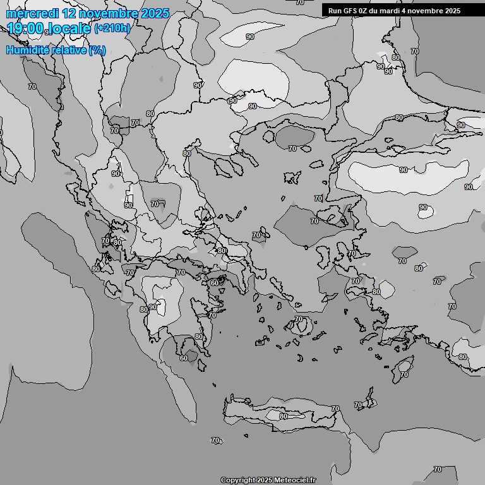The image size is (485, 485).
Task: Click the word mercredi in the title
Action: [x=32, y=13]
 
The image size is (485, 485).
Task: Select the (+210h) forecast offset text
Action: [x=112, y=28]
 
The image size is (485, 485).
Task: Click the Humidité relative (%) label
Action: [x=56, y=50]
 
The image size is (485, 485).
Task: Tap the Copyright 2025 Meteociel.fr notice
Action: [x=268, y=480]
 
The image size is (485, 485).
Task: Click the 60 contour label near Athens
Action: [x=215, y=283]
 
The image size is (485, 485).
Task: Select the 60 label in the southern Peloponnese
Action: [x=184, y=358]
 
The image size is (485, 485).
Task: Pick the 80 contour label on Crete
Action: [x=284, y=416]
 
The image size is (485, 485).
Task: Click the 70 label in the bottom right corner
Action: [x=438, y=469]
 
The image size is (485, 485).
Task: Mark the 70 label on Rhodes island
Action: [x=404, y=374]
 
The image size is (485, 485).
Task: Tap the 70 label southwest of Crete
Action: [x=215, y=440]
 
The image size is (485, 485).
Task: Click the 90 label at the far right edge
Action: [x=469, y=187]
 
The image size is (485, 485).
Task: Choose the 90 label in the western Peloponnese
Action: [x=153, y=307]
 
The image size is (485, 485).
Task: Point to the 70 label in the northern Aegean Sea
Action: [x=292, y=148]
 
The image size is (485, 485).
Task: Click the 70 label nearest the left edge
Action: [x=32, y=86]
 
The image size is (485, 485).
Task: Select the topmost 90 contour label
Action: [x=250, y=37]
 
